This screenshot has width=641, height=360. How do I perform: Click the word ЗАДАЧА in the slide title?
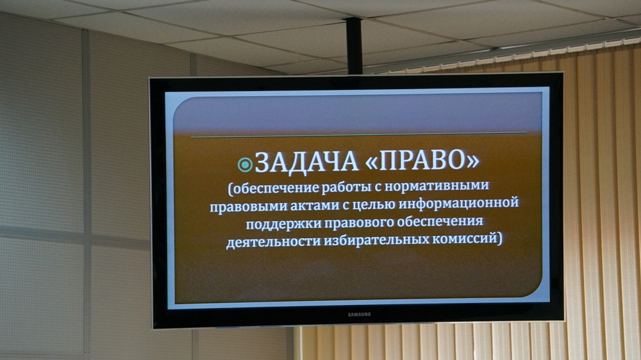[306, 161]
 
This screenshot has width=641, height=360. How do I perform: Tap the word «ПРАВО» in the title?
[422, 161]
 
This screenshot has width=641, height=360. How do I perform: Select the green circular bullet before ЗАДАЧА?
[245, 165]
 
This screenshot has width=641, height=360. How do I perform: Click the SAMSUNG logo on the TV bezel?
[360, 315]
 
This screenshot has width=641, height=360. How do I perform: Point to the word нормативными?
[437, 186]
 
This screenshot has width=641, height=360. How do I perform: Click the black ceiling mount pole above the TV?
[354, 45]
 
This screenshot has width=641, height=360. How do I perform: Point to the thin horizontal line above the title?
[358, 135]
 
